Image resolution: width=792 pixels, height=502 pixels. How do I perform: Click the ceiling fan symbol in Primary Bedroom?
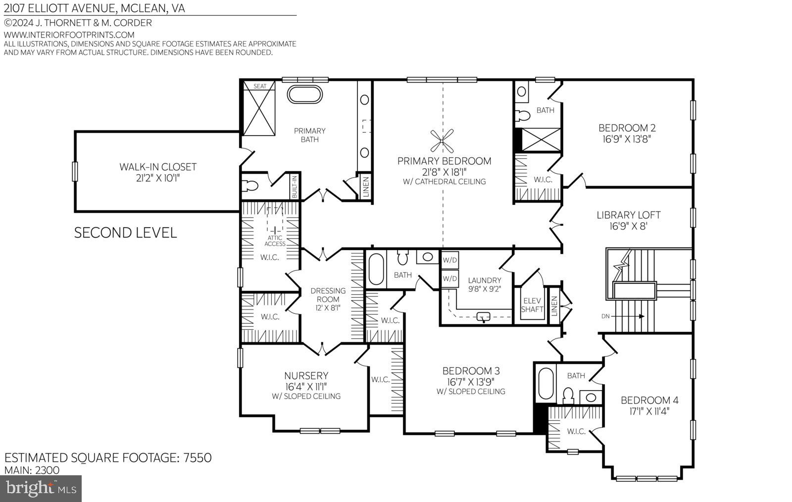(442, 140)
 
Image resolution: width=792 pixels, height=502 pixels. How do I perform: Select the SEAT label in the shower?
(260, 86)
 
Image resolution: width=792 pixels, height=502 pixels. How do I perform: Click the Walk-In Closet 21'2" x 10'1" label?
(157, 172)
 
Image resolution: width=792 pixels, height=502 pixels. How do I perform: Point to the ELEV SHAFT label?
(532, 305)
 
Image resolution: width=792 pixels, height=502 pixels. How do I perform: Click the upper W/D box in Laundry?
(450, 260)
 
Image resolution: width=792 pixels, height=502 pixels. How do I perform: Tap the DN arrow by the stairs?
(624, 316)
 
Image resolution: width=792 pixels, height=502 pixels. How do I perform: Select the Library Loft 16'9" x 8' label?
(628, 220)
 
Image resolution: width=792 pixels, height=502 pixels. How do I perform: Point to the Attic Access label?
(275, 241)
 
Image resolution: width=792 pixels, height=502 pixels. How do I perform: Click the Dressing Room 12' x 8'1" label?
(328, 299)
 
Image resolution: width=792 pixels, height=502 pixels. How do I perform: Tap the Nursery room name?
(306, 375)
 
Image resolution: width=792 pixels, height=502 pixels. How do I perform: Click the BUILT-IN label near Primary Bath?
(294, 187)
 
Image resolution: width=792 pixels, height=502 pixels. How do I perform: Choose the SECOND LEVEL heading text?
(125, 233)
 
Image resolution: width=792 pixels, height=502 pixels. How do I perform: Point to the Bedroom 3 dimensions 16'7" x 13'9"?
(471, 381)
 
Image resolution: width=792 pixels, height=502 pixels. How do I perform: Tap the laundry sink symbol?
(483, 317)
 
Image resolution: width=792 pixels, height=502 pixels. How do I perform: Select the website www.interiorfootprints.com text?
(69, 35)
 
